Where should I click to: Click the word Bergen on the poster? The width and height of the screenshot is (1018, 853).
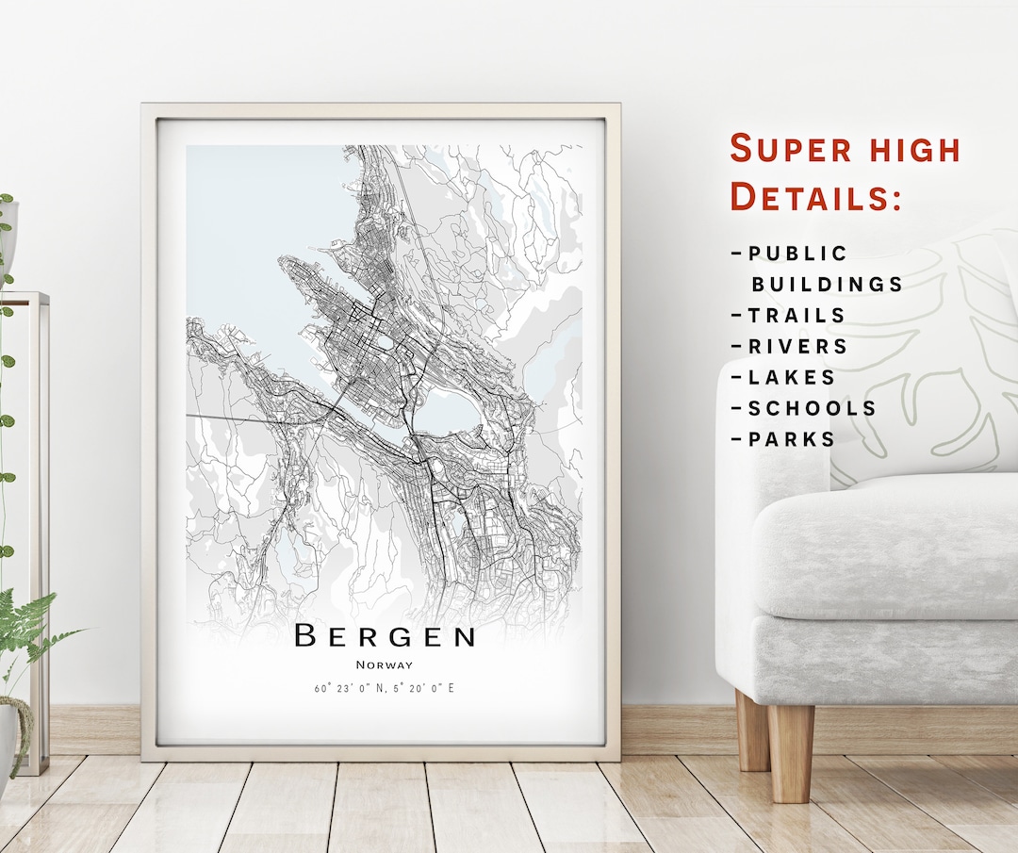coord(385,636)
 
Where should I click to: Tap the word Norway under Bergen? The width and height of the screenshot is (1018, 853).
coord(385,665)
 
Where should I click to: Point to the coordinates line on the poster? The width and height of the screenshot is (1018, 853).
coord(385,688)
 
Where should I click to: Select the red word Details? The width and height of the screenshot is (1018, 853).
coord(816,197)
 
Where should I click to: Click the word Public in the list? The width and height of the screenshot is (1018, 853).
coord(798,254)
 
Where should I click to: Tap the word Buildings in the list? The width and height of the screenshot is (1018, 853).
coord(827,284)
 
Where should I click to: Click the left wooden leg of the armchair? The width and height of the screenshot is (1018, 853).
coord(752,730)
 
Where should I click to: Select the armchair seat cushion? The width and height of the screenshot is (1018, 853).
coord(886,547)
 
